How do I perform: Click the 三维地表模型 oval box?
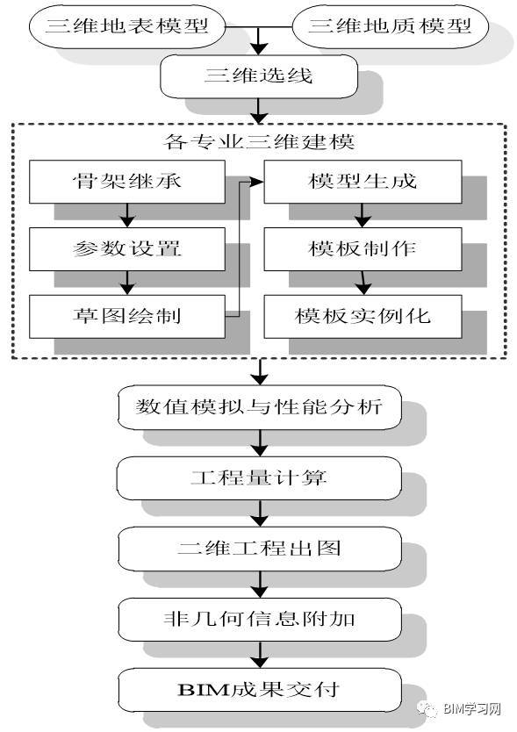127,26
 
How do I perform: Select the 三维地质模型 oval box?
390,26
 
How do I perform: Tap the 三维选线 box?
259,76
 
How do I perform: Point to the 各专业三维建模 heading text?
259,141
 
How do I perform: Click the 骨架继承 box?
127,182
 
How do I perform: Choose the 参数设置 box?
127,248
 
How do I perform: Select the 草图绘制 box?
127,316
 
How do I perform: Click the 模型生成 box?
363,182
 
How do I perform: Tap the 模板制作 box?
363,248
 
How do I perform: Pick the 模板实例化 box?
363,316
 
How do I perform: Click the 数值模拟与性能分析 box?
260,407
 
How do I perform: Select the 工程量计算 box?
260,478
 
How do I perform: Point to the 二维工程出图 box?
260,549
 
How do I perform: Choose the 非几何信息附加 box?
260,620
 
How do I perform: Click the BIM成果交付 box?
260,690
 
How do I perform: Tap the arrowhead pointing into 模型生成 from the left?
257,182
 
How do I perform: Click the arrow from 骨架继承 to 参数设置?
127,215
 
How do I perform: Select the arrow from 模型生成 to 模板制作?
363,215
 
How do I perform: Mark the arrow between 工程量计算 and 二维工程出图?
260,513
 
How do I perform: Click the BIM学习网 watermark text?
471,708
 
